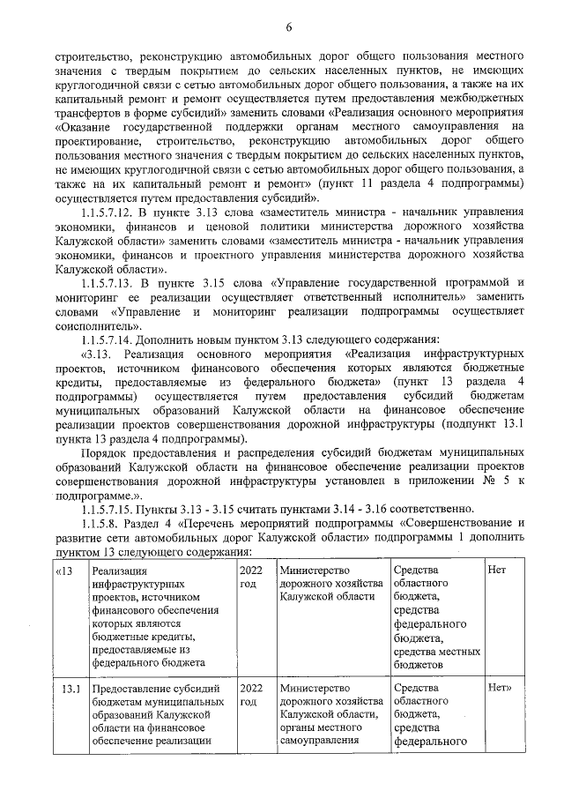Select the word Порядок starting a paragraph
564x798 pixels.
pos(104,452)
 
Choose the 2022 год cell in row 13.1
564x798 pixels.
pos(251,694)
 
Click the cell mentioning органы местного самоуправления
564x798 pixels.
pos(330,714)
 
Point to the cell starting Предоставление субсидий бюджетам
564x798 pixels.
pos(159,714)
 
